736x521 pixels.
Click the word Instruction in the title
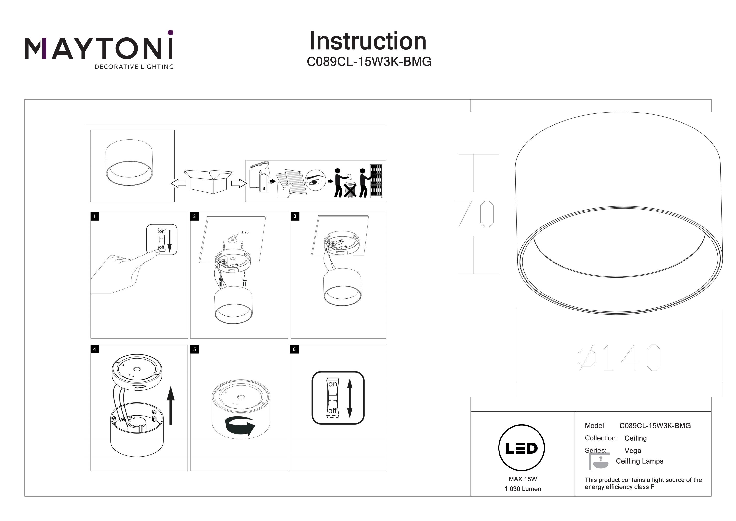tap(368, 42)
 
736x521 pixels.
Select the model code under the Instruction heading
tap(369, 62)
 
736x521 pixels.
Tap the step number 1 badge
tap(94, 216)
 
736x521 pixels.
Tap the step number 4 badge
tap(94, 349)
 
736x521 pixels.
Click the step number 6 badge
tap(294, 349)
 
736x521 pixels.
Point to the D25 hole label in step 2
tap(245, 232)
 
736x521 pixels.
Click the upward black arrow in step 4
tap(171, 405)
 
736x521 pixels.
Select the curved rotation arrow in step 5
tap(240, 426)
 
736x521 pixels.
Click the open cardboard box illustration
tap(209, 181)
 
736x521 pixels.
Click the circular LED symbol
tap(522, 448)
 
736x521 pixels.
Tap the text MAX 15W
tap(523, 479)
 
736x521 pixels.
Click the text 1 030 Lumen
tap(523, 489)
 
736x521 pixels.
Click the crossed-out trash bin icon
tap(350, 190)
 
